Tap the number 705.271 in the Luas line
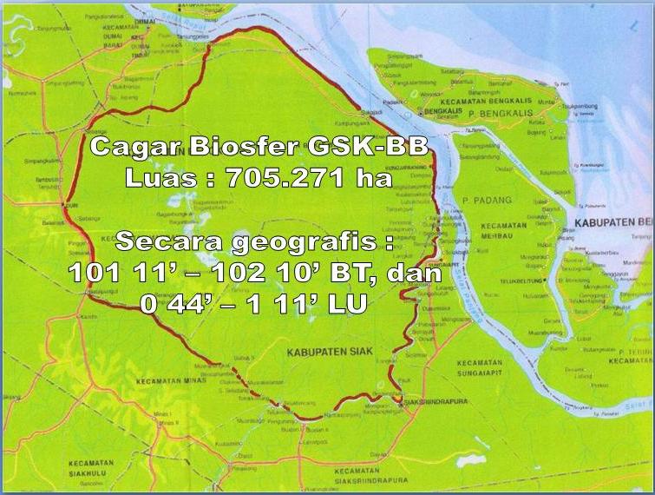click(x=278, y=179)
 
